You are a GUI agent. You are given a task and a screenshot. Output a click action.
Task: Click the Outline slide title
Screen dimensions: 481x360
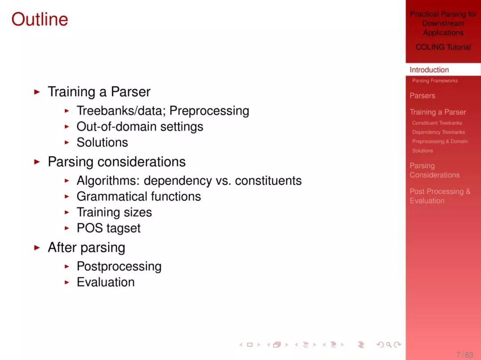click(40, 19)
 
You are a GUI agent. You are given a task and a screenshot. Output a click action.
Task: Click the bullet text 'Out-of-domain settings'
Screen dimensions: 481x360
click(140, 126)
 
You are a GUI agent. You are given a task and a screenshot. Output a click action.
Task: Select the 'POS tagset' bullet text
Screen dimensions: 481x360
click(109, 228)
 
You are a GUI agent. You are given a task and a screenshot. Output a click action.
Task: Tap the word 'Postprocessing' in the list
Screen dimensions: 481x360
click(119, 267)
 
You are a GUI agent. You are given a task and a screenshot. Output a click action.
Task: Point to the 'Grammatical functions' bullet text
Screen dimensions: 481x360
click(139, 196)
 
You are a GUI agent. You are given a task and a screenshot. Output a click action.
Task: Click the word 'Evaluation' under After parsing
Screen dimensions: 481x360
click(106, 282)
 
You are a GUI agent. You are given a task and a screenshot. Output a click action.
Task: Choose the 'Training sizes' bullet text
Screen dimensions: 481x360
click(114, 212)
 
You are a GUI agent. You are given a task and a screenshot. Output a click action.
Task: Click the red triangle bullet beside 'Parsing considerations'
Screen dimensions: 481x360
click(37, 162)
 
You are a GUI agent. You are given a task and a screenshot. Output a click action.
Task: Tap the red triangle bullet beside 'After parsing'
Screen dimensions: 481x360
click(37, 247)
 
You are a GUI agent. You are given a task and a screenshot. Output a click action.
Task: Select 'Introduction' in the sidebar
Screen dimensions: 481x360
click(429, 69)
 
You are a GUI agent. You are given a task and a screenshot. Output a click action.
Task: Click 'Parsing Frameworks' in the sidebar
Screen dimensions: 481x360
click(435, 81)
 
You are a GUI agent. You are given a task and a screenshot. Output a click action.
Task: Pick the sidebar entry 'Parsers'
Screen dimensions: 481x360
click(422, 96)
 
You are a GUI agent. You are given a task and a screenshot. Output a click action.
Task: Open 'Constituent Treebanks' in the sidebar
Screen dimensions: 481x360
click(437, 123)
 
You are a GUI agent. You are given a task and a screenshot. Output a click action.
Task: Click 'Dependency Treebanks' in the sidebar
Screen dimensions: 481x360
click(438, 132)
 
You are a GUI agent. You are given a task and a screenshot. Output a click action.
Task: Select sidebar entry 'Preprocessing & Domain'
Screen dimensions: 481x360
click(440, 141)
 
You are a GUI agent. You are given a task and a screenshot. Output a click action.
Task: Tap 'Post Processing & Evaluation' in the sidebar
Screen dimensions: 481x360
click(440, 196)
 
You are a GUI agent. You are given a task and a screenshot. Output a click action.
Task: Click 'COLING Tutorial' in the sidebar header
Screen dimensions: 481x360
click(443, 47)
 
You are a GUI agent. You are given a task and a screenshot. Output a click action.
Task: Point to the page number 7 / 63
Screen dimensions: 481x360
click(465, 355)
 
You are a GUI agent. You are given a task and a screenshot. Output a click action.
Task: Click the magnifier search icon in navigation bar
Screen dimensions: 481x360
click(389, 345)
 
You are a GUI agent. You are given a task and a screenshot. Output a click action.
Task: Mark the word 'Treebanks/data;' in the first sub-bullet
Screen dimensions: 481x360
click(121, 111)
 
